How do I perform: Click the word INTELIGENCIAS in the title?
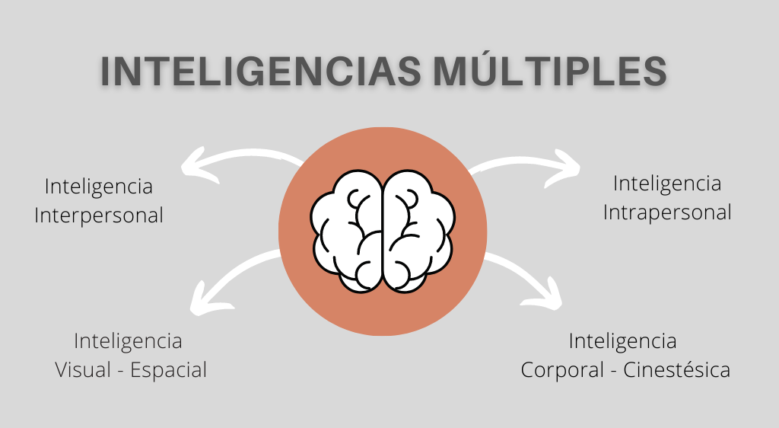click(x=259, y=72)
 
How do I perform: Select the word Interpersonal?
click(x=99, y=216)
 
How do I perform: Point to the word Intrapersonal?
click(x=667, y=212)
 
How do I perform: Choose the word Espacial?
click(x=168, y=370)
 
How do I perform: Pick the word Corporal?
click(x=561, y=370)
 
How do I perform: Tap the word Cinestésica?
click(x=677, y=370)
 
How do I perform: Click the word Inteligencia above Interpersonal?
click(x=99, y=187)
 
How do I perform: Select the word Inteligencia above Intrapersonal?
click(x=667, y=184)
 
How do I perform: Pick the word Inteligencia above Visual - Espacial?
click(x=128, y=340)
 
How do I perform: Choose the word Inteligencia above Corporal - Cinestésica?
click(x=622, y=340)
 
